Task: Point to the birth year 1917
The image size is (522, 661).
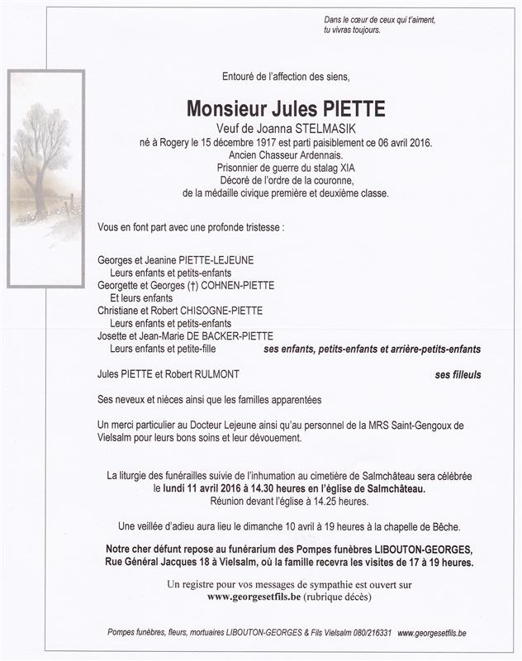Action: pyautogui.click(x=257, y=142)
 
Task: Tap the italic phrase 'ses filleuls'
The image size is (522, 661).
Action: pyautogui.click(x=458, y=374)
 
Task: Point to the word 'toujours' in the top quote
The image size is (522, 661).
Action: pyautogui.click(x=364, y=30)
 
